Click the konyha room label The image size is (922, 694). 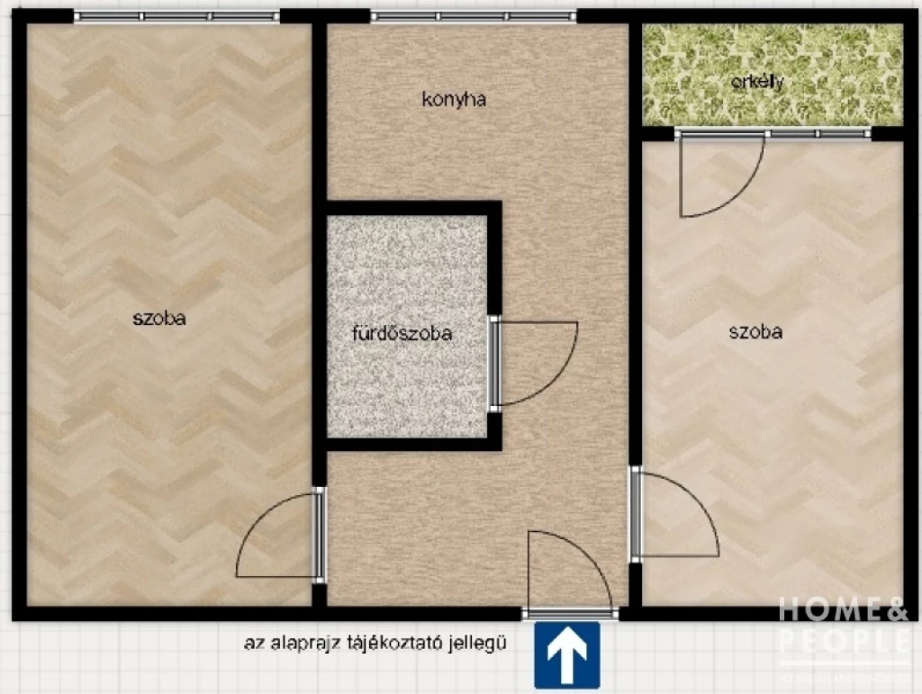tap(454, 100)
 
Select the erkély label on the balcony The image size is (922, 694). tap(757, 82)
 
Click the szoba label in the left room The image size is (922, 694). tap(159, 317)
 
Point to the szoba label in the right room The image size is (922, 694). tap(755, 331)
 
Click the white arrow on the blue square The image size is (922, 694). tap(567, 654)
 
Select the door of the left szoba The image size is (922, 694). tap(279, 536)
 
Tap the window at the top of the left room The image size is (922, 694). tap(176, 16)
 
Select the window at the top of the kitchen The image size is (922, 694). tap(474, 16)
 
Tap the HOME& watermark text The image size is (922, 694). tap(843, 609)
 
